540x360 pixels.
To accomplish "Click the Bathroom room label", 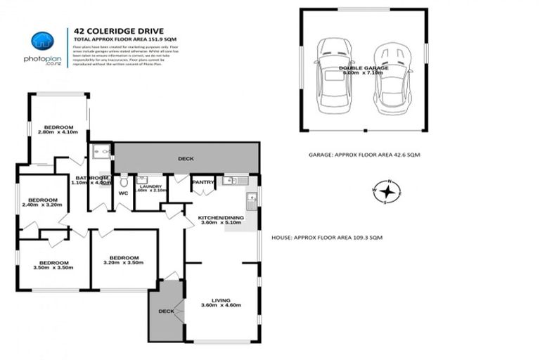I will click(x=91, y=180).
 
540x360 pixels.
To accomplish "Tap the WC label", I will click(x=123, y=193).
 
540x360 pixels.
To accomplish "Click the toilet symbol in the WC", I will click(x=124, y=181).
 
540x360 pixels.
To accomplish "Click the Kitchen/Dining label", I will click(x=220, y=221).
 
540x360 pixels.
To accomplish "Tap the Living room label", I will click(x=220, y=302).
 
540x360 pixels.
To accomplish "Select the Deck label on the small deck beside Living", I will click(x=166, y=310).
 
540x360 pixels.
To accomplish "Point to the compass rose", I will click(x=386, y=191).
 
